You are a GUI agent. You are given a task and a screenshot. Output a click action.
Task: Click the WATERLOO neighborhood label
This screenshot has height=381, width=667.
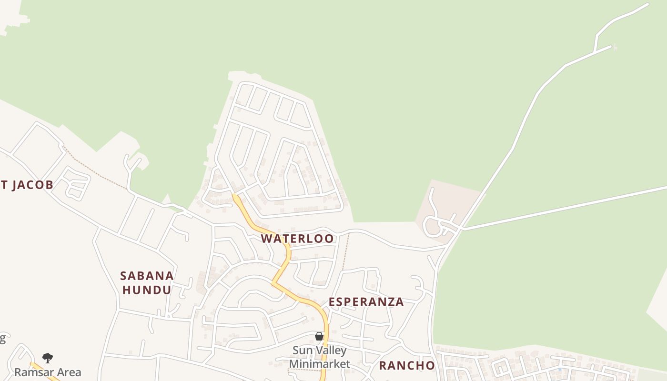(297, 239)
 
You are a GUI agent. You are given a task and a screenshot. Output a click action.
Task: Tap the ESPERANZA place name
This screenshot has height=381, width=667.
(366, 302)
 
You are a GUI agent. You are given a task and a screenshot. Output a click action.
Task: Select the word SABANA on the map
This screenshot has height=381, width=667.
(147, 276)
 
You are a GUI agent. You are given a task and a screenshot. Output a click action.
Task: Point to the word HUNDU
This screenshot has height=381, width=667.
(147, 290)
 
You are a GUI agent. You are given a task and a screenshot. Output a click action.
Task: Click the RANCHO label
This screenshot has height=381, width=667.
(407, 366)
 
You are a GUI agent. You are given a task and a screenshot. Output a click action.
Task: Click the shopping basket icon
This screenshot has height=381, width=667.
(319, 337)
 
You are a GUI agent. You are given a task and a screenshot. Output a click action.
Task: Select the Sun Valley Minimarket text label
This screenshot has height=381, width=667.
(319, 358)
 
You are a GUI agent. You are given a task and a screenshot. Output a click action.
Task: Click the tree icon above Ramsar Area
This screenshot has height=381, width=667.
(47, 358)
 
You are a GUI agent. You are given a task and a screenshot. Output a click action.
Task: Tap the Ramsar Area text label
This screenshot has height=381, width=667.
(48, 372)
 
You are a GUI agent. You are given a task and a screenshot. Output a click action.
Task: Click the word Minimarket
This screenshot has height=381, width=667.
(319, 364)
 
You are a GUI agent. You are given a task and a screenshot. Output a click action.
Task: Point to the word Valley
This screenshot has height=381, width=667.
(330, 351)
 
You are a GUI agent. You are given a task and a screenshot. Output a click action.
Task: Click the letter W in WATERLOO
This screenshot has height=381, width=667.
(267, 239)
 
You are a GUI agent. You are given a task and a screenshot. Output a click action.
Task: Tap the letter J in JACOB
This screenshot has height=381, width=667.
(15, 185)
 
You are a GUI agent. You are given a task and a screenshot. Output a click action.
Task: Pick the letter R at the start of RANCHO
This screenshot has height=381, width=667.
(383, 366)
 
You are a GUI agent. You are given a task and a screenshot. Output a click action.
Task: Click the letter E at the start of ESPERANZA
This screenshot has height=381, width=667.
(332, 302)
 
